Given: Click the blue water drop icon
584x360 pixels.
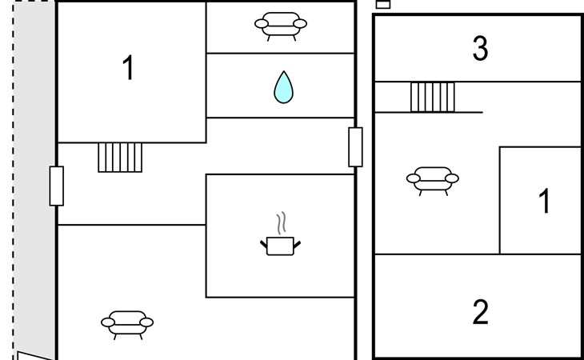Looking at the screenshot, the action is tap(283, 88).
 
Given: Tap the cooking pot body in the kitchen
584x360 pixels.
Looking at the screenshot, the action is tap(281, 246).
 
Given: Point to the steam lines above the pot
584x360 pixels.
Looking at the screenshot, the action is tap(282, 223).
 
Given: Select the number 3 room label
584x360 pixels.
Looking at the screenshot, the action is tap(480, 48).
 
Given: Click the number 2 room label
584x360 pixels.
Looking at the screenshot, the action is tap(480, 312).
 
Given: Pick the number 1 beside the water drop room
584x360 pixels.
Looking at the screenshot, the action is tap(128, 67).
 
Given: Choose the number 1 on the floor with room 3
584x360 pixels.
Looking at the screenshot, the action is tap(545, 201).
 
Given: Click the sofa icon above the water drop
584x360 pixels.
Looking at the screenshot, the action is tap(281, 26).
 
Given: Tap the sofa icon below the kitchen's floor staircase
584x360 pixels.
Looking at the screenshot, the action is tap(127, 325).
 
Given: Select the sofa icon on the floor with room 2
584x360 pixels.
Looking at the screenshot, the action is tap(433, 181).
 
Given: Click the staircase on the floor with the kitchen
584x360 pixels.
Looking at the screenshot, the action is tap(120, 158).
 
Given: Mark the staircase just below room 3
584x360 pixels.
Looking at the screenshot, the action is tap(433, 97).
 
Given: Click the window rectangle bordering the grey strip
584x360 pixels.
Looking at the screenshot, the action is tap(57, 186).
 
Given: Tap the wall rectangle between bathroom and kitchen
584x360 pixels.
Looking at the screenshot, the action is tap(355, 147).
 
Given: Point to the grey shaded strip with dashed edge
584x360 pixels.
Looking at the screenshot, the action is tap(34, 178).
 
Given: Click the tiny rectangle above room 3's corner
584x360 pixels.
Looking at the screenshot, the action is tap(383, 4).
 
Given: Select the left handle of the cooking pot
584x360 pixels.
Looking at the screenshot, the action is tap(264, 244).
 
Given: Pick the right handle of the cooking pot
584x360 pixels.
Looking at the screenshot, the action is tap(298, 245).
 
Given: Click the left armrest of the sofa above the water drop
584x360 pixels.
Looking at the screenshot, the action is tap(262, 24).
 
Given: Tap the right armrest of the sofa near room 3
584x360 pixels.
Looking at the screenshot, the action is tap(452, 178).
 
